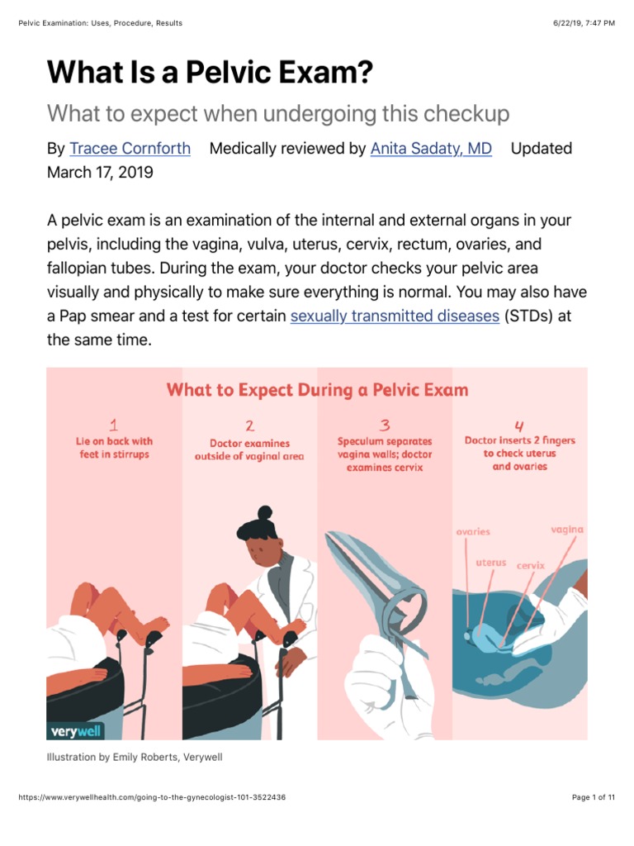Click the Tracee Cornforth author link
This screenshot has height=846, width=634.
(x=130, y=149)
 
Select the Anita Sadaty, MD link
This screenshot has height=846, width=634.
(x=431, y=149)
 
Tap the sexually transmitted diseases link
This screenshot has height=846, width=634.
(x=395, y=316)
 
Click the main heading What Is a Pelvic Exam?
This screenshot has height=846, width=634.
(x=210, y=73)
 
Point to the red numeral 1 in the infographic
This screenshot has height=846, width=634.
(x=114, y=426)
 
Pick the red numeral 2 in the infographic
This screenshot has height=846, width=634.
(x=249, y=426)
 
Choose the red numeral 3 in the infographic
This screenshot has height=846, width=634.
(x=385, y=426)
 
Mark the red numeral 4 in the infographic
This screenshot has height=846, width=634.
(x=519, y=426)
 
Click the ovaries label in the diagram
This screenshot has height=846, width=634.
(x=473, y=532)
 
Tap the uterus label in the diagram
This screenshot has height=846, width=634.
(x=491, y=563)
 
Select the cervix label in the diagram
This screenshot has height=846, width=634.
(x=531, y=566)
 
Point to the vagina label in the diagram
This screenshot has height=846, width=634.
(x=567, y=530)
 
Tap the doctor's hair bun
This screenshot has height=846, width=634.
(x=264, y=514)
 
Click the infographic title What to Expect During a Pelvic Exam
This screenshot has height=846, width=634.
(x=317, y=389)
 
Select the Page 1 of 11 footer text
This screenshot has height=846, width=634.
(x=594, y=797)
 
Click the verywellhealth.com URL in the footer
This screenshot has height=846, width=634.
(x=152, y=797)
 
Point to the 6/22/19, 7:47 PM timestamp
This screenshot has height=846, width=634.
(x=584, y=23)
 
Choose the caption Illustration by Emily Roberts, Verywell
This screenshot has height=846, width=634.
(x=135, y=757)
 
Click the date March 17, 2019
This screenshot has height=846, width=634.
(x=100, y=173)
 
